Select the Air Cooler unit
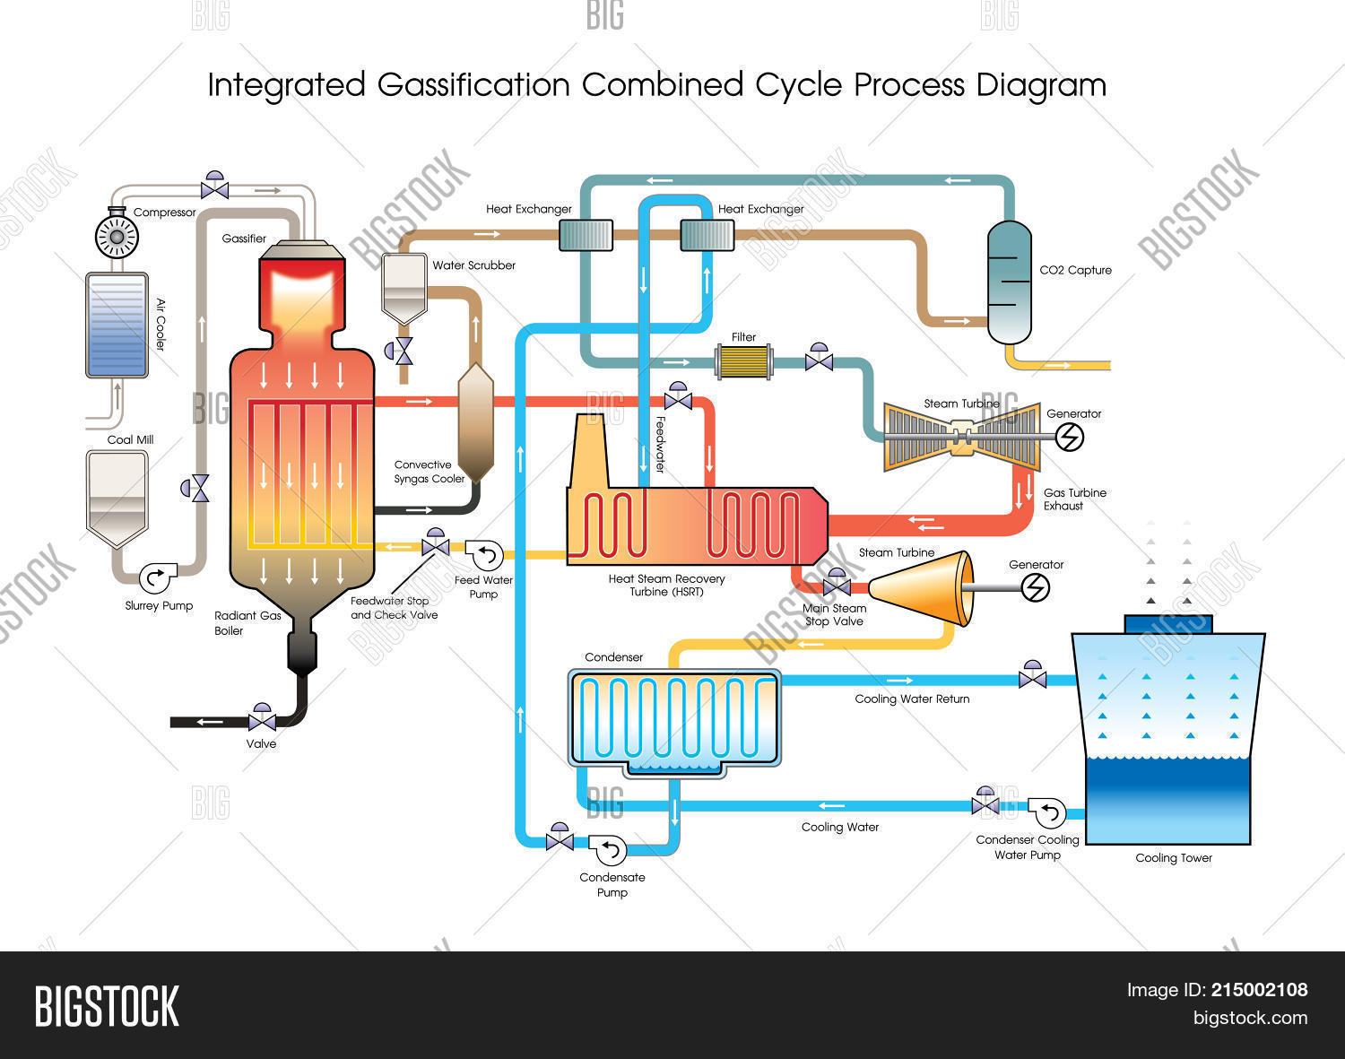pos(117,325)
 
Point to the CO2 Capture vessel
pos(1010,282)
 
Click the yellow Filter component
pos(743,361)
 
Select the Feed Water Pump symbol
pos(485,555)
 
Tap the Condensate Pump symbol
pos(610,847)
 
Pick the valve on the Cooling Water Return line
pos(1032,677)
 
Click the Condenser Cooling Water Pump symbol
pos(1046,813)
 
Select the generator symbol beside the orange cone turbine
pos(1037,587)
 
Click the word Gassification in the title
pos(473,85)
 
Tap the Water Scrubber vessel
pos(403,287)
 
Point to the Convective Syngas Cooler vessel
pos(475,421)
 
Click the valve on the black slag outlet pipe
pos(262,719)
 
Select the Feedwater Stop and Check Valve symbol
pos(436,544)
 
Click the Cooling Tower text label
pos(1173,858)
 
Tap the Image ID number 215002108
pos(1259,990)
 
